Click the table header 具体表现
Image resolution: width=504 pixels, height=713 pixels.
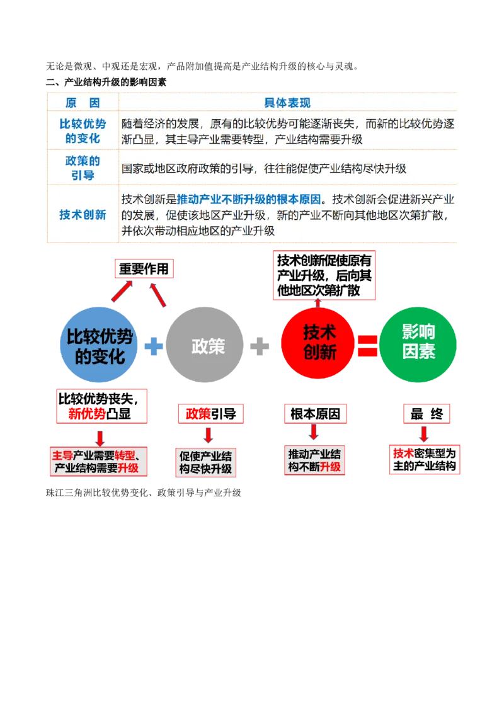[x=287, y=103]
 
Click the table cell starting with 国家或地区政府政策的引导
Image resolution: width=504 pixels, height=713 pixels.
[x=263, y=169]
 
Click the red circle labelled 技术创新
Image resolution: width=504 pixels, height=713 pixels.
[x=319, y=341]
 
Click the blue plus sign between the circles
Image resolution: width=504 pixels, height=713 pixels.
[x=153, y=346]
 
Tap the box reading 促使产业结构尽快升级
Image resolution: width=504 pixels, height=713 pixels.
[x=205, y=462]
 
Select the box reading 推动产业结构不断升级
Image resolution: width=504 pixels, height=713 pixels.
[x=314, y=460]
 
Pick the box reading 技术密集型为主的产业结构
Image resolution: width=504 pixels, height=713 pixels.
[x=424, y=460]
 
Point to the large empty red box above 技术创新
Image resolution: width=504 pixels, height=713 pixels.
[x=324, y=275]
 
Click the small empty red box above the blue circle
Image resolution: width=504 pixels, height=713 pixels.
[x=143, y=269]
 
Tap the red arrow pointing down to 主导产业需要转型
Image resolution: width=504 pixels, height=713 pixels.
[x=99, y=436]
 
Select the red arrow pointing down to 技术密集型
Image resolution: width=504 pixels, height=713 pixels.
[x=424, y=434]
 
